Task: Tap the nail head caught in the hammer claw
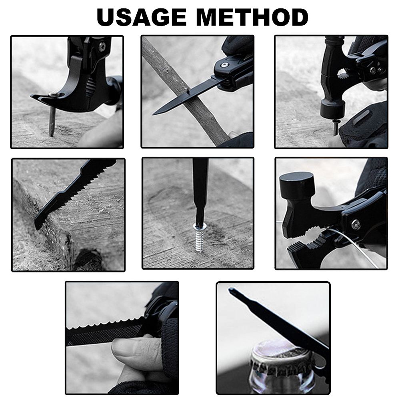(x=54, y=94)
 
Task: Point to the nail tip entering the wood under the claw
(x=52, y=133)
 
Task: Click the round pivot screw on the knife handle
(x=224, y=65)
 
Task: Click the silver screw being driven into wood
(x=200, y=237)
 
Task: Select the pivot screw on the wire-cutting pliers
(x=356, y=224)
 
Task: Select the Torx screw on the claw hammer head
(x=102, y=47)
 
